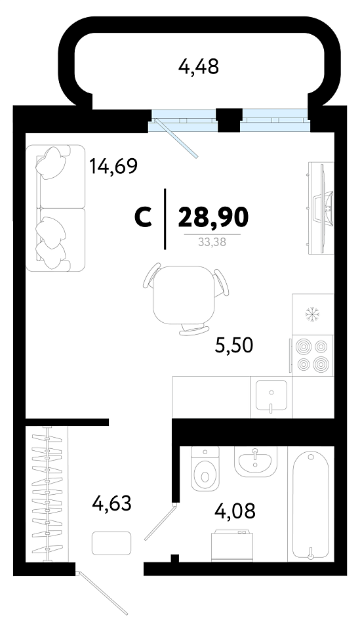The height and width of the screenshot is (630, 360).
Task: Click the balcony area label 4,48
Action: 199,67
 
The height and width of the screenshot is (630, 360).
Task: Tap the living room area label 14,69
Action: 113,165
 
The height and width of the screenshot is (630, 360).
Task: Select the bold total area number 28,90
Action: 214,217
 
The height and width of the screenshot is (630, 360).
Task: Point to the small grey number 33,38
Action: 212,242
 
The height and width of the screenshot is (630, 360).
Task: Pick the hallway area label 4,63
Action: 112,503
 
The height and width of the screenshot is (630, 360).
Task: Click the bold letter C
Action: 143,218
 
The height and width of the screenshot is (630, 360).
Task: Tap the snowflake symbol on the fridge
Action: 311,314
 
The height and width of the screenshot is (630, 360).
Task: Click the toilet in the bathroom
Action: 205,469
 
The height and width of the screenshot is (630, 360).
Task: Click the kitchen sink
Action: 271,397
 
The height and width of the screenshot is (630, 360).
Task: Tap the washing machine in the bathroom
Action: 231,545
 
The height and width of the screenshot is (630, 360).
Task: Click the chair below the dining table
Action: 194,330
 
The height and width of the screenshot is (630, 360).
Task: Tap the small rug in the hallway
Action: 111,543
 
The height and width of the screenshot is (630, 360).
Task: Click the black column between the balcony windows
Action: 228,120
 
